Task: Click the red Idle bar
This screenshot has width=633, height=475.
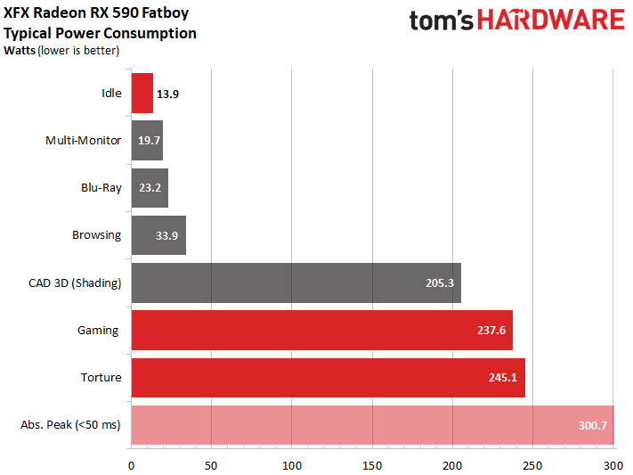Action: [x=142, y=94]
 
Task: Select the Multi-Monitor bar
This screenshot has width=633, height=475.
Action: [x=147, y=141]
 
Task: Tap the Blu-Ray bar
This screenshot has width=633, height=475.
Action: [x=150, y=188]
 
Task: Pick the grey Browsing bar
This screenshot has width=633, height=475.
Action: [x=158, y=235]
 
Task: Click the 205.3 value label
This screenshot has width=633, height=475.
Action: [x=441, y=283]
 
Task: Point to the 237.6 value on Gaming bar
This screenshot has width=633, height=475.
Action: [x=492, y=331]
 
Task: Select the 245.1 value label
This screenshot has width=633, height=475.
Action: [x=505, y=378]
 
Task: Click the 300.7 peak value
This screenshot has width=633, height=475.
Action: [x=593, y=425]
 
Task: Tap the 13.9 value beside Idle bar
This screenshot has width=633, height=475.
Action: [x=167, y=94]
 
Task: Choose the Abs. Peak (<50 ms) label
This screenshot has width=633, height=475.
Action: [x=70, y=425]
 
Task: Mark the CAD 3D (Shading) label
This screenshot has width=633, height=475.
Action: [x=75, y=283]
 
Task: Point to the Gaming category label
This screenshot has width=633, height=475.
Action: [x=98, y=331]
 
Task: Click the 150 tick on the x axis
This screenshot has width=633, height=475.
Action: [x=372, y=465]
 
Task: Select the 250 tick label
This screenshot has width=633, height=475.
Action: [x=532, y=465]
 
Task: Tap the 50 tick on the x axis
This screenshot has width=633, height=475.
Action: [x=211, y=465]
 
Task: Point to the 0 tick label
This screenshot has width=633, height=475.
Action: [x=132, y=465]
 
